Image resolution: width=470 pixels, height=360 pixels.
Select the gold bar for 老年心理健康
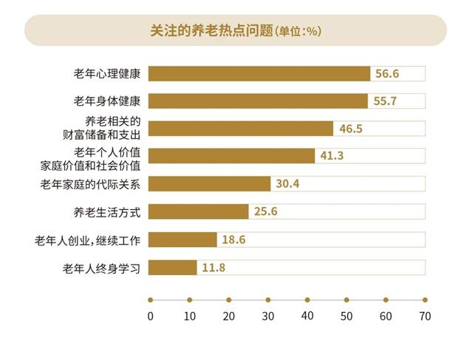point(259,74)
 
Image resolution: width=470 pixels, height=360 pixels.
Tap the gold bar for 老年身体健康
point(258,101)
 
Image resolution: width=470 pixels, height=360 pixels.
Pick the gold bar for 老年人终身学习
point(173,268)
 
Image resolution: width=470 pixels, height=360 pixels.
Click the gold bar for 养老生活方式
point(199,212)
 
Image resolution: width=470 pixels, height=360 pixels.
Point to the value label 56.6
point(387,74)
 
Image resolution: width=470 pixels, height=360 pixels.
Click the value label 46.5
point(351,129)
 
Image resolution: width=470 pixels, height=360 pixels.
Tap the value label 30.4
point(288,184)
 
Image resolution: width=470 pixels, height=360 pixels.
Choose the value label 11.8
point(214,268)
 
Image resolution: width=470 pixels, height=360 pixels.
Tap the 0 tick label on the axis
point(150,316)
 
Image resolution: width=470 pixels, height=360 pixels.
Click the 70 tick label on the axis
point(424,316)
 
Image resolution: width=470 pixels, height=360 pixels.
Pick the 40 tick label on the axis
point(307,316)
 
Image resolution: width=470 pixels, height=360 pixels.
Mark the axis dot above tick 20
point(228,300)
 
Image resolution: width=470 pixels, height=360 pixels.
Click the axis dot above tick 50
point(346,300)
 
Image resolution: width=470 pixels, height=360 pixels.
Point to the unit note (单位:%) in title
point(297,32)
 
